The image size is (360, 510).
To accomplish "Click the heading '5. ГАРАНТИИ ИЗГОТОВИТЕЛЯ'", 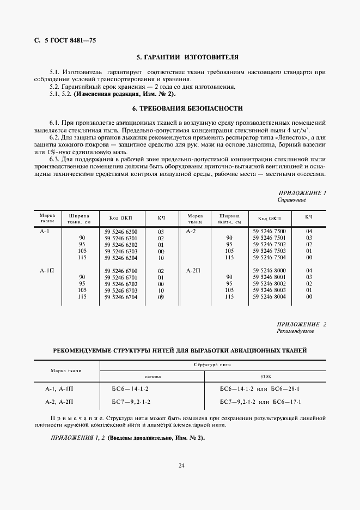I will tap(180, 57).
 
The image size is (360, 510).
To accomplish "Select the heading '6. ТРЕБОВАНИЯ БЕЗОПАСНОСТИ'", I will tap(180, 108).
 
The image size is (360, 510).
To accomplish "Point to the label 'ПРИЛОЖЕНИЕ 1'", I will tap(302, 193).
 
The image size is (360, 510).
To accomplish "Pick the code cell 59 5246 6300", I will tap(120, 232).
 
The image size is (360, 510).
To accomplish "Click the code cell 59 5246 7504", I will tap(269, 257).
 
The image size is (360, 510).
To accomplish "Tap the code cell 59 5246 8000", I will tap(269, 270).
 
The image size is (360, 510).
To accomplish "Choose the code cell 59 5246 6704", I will tap(120, 296).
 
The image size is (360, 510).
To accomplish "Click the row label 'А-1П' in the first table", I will tap(47, 270).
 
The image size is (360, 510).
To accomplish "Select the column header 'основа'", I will tap(152, 377).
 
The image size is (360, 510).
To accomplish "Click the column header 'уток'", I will tap(266, 377).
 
